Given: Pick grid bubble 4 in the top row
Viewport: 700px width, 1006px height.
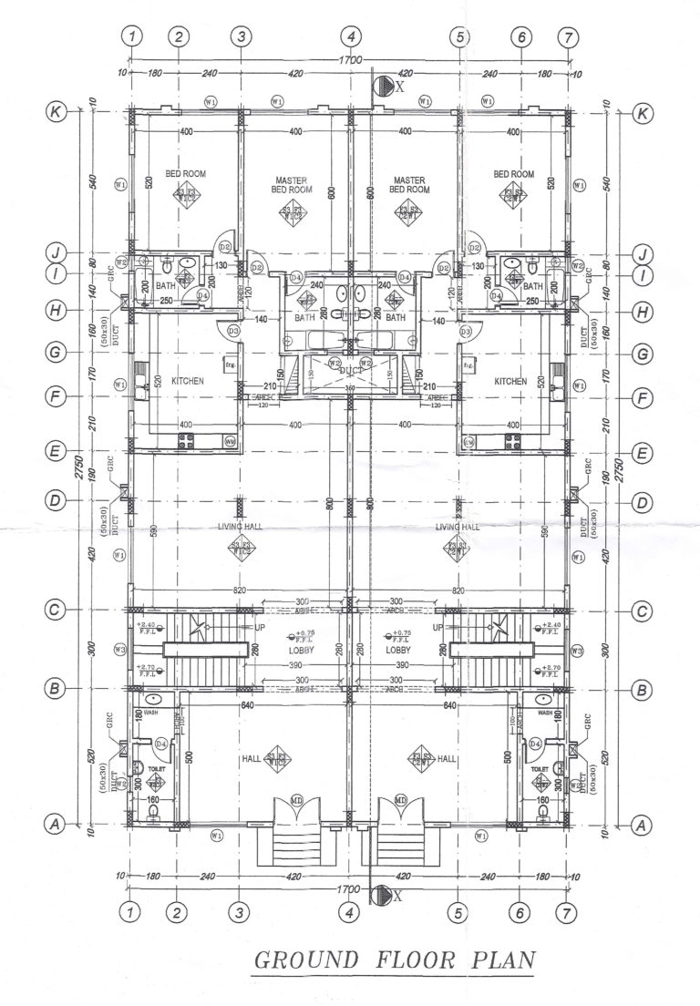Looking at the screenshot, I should point(351,36).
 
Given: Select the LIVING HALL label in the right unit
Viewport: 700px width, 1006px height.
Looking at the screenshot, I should point(457,528).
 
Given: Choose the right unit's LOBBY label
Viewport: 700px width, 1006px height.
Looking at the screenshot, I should point(400,651).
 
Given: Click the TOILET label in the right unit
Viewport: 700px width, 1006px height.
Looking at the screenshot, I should point(540,769).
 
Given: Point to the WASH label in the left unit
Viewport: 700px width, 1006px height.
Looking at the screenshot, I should point(151,713).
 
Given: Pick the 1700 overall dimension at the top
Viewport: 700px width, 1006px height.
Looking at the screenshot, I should point(350,60).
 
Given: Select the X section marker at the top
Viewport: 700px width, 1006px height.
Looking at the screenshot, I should point(398,87).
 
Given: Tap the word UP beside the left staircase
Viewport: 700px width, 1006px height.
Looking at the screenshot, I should point(260,629).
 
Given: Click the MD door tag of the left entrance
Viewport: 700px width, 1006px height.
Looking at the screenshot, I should point(296,799).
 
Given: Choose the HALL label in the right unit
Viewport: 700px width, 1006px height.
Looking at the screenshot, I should point(447,758).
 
